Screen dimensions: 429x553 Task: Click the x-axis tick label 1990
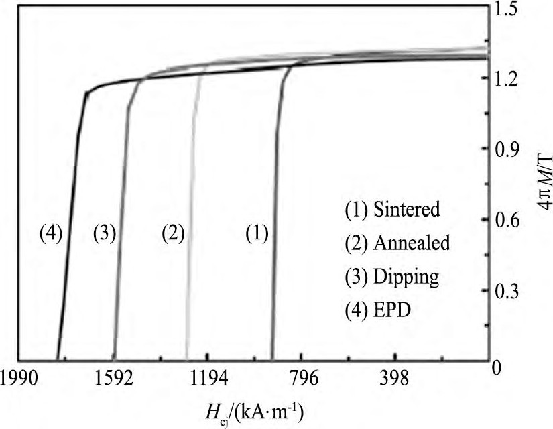click(x=19, y=379)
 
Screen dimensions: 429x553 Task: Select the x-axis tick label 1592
click(x=114, y=379)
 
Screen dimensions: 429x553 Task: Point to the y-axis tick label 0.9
click(x=520, y=151)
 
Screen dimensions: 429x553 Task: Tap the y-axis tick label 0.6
click(x=520, y=222)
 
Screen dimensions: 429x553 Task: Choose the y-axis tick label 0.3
click(x=520, y=292)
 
